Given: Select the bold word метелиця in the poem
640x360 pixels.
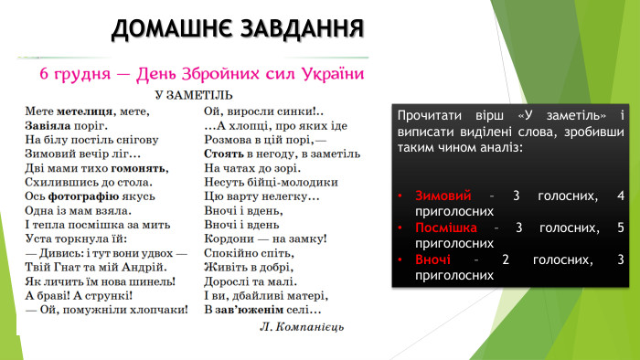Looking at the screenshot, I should [83, 111].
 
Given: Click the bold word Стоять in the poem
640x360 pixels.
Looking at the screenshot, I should [223, 155].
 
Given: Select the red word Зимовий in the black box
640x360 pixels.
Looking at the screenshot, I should [443, 196].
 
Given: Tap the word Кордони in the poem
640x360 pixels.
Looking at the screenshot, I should [229, 238].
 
